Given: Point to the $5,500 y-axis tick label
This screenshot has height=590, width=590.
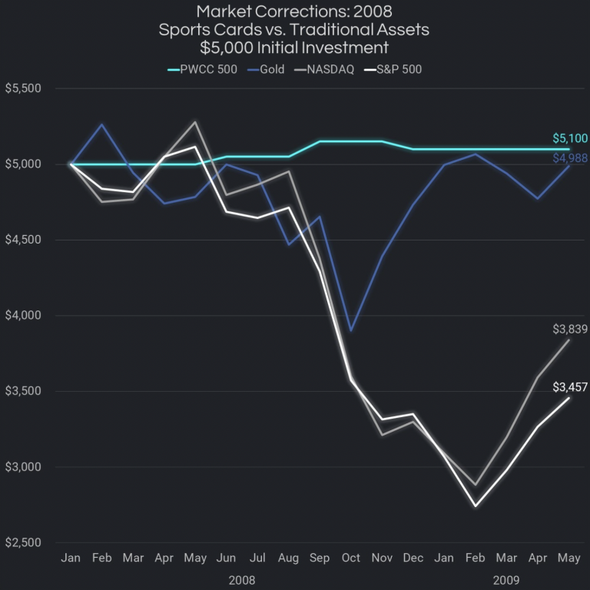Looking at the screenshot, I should coord(23,89).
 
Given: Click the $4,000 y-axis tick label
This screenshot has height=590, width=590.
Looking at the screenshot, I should coord(23,316).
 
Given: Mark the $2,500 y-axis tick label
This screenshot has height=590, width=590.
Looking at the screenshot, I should coord(23,543).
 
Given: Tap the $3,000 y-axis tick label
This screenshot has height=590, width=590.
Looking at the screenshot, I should coord(23,467).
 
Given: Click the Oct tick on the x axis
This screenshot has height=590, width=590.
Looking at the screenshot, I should coord(351,559).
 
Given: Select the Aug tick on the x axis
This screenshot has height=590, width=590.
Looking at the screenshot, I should coord(289,559).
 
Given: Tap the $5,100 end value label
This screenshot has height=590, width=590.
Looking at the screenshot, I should coord(570,139).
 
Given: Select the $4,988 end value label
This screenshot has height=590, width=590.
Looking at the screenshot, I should coord(570,158).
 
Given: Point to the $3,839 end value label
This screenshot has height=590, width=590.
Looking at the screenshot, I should coord(570,329).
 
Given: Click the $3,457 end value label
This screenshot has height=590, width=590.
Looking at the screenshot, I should coord(570,387).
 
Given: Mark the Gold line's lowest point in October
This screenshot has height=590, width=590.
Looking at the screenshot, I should coord(351,330).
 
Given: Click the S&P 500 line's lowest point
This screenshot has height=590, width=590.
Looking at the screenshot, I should coord(476,505).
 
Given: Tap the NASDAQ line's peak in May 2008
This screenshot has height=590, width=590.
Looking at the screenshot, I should coord(195,121).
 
